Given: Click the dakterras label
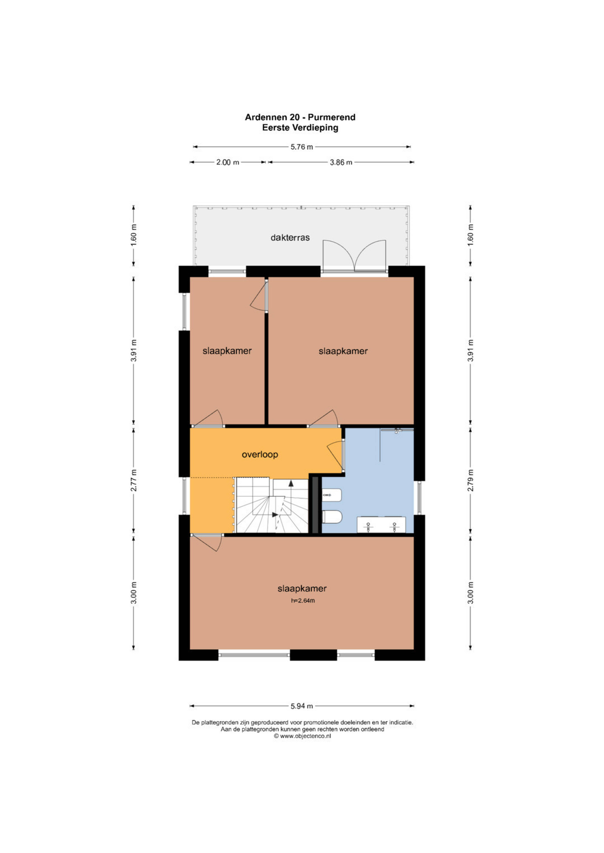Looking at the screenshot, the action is [290, 238].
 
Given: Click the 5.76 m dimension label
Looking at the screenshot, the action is [302, 147].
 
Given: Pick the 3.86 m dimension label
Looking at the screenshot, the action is [341, 162].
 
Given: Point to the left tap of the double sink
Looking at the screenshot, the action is [368, 527].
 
